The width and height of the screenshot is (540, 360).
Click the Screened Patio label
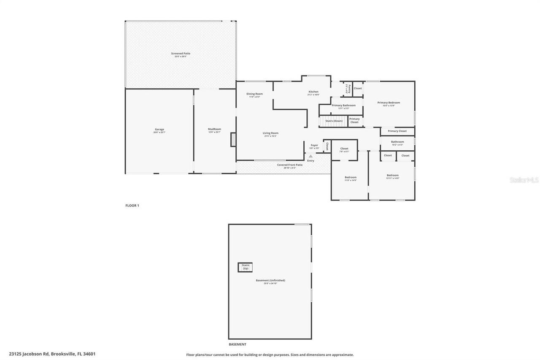tap(181, 54)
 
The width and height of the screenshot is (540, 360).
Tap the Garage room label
tap(159, 130)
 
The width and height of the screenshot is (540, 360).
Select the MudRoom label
tap(214, 129)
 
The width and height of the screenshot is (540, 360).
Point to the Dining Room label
tap(254, 94)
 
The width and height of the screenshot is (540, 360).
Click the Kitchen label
tap(313, 92)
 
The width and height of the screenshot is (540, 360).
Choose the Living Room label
tap(270, 133)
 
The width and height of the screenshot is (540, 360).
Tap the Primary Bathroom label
tap(343, 106)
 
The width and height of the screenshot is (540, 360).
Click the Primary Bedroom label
tap(389, 103)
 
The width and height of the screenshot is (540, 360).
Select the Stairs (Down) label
tap(334, 121)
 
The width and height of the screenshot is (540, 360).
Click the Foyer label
tap(314, 145)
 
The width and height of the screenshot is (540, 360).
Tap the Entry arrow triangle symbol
tap(311, 156)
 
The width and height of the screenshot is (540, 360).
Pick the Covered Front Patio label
tap(289, 165)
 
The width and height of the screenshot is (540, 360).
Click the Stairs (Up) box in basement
tap(245, 267)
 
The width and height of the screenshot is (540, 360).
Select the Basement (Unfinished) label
tap(270, 281)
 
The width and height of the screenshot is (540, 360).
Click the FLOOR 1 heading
tap(132, 206)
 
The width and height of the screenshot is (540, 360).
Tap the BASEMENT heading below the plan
tap(238, 344)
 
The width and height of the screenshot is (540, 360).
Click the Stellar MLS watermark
tap(524, 180)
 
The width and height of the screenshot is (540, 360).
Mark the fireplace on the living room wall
tap(233, 140)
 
